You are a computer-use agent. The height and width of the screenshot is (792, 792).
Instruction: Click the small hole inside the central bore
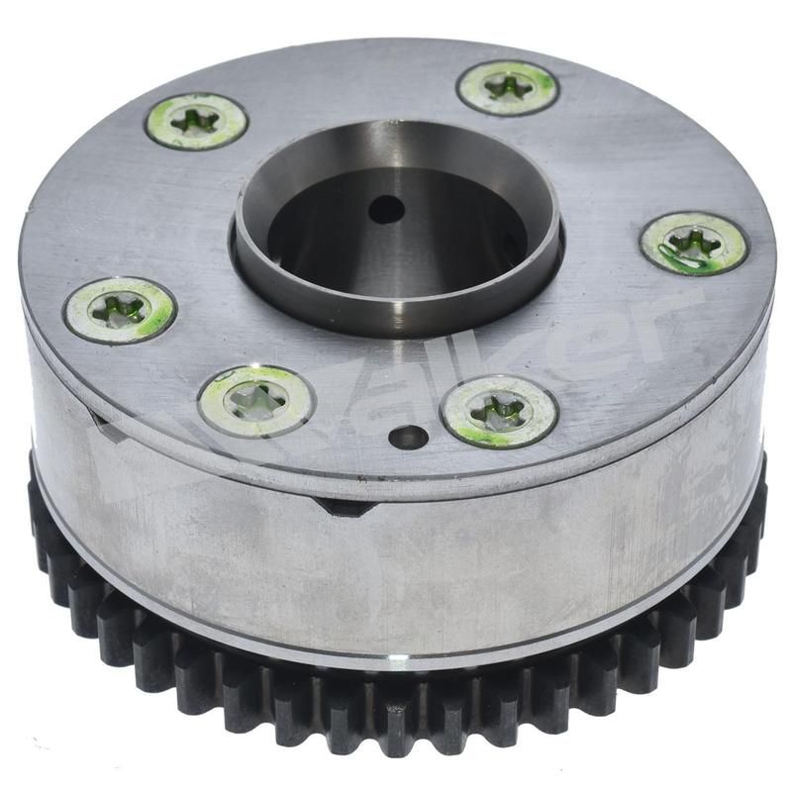coord(386,209)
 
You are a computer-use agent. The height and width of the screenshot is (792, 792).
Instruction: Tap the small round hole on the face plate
coord(408,437)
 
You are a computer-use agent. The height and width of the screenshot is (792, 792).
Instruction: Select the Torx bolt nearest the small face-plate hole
coord(499,410)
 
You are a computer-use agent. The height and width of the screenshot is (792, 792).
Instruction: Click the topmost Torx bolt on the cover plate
coord(508,87)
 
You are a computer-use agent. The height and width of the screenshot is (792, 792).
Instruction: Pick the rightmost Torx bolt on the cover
coord(693,243)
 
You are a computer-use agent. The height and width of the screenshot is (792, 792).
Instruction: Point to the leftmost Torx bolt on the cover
coord(120,310)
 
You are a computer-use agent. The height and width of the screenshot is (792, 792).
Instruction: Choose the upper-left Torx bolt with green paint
coord(196,121)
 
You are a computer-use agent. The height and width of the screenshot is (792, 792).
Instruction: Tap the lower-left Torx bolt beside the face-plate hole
coord(255,399)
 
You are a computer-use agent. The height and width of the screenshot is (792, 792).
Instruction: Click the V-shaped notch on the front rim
coord(346,506)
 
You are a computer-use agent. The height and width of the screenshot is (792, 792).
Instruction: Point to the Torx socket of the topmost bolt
coord(508,87)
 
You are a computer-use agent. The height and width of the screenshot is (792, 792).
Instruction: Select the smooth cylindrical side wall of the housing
coord(495,564)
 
